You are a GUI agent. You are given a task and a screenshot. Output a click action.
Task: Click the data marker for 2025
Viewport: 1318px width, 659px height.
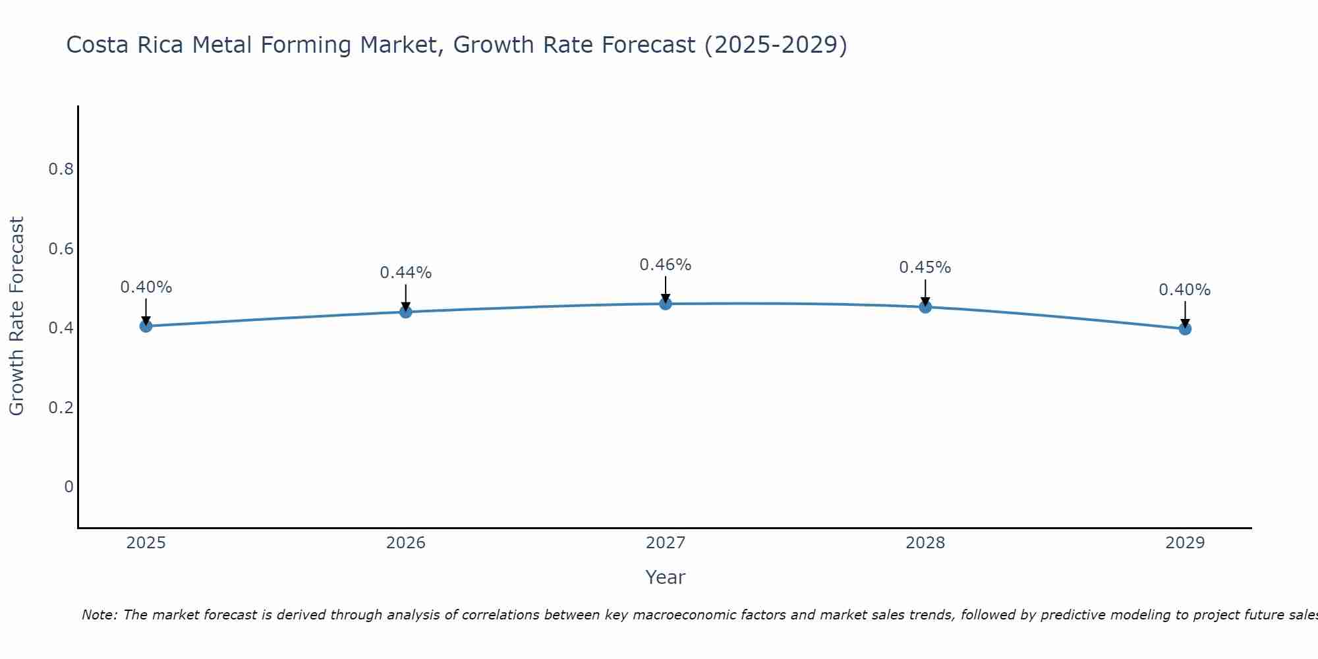click(146, 326)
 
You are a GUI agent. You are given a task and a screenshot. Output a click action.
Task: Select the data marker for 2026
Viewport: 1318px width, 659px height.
click(405, 311)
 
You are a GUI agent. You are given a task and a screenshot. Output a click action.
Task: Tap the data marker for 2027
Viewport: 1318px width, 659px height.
click(665, 303)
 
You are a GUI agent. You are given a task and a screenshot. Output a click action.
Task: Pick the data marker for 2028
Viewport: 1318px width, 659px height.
click(925, 306)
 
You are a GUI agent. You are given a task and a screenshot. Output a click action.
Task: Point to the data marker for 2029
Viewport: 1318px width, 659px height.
click(1184, 328)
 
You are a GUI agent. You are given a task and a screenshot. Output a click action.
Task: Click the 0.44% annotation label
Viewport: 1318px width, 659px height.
click(405, 273)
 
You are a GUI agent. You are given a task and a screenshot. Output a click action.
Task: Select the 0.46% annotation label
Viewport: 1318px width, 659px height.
click(665, 265)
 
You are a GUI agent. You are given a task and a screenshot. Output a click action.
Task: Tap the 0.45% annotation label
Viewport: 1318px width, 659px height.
click(925, 268)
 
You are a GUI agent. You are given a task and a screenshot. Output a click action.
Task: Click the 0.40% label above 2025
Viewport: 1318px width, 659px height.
click(146, 287)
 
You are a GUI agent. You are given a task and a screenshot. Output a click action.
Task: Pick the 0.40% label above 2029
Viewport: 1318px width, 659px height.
click(1184, 290)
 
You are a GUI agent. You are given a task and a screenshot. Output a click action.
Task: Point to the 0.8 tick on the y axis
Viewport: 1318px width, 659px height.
click(61, 169)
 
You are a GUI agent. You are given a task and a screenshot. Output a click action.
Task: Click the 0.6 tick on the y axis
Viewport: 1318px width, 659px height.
click(61, 249)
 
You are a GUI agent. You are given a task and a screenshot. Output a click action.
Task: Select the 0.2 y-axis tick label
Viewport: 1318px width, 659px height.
click(61, 407)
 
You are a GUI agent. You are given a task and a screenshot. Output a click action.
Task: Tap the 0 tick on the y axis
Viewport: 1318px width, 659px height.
click(69, 487)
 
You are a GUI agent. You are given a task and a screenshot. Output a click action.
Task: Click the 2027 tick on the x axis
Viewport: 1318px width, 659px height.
click(665, 543)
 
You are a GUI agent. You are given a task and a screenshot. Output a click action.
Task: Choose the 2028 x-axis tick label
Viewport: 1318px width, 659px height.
click(925, 543)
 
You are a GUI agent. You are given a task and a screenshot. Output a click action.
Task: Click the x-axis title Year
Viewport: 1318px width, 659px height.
click(665, 577)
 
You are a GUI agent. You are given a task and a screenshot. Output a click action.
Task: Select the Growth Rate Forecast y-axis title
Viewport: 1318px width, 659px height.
click(16, 316)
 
